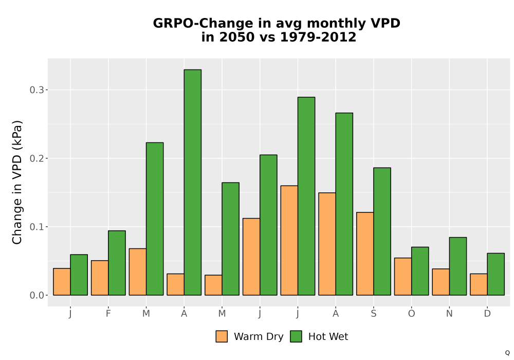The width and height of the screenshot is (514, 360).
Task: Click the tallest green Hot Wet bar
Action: (x=193, y=182)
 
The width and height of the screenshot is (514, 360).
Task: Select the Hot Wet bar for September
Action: (x=382, y=231)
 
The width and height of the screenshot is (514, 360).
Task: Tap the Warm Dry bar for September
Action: (x=365, y=254)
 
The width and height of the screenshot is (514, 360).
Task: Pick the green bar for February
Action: (x=117, y=263)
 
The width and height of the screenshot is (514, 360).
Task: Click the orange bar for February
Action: (x=100, y=278)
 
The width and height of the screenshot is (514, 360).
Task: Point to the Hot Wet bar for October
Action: (x=420, y=271)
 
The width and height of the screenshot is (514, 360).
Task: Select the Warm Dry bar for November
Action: (x=441, y=282)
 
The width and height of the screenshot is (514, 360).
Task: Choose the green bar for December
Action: (x=495, y=274)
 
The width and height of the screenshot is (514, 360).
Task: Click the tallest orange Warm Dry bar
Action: (x=289, y=240)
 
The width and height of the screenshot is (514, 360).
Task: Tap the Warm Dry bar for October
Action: (x=403, y=276)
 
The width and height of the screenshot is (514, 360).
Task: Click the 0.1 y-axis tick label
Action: (x=36, y=227)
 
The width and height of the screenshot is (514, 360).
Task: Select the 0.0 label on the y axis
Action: (x=36, y=295)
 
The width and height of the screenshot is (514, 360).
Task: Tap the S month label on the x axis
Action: (x=374, y=314)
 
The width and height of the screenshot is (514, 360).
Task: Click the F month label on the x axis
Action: (x=108, y=314)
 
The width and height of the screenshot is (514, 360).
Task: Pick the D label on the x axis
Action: (x=487, y=314)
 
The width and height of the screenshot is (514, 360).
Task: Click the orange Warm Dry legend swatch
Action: (x=222, y=336)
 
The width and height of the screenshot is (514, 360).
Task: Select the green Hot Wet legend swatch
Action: (x=296, y=336)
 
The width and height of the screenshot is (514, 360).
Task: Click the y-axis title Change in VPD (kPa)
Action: (x=17, y=183)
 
